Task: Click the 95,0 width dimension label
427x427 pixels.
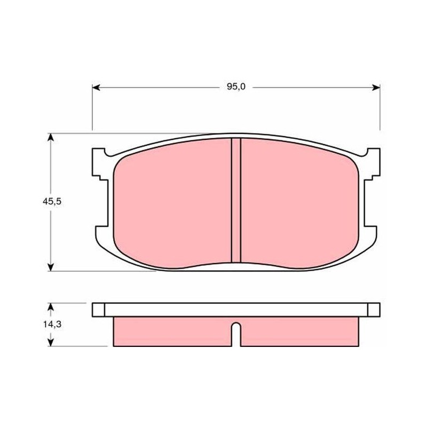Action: pyautogui.click(x=236, y=87)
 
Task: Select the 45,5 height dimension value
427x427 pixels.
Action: pyautogui.click(x=52, y=202)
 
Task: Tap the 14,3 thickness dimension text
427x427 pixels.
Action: pyautogui.click(x=52, y=325)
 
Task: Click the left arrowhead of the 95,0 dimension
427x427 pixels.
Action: pyautogui.click(x=96, y=88)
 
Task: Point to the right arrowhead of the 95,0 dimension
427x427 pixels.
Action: pyautogui.click(x=376, y=88)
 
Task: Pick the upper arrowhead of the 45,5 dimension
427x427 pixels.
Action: pyautogui.click(x=50, y=137)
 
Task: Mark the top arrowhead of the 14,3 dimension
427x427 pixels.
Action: pyautogui.click(x=50, y=306)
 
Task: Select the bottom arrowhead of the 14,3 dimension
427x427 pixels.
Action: pyautogui.click(x=50, y=342)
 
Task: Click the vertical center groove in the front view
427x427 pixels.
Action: pyautogui.click(x=236, y=201)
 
